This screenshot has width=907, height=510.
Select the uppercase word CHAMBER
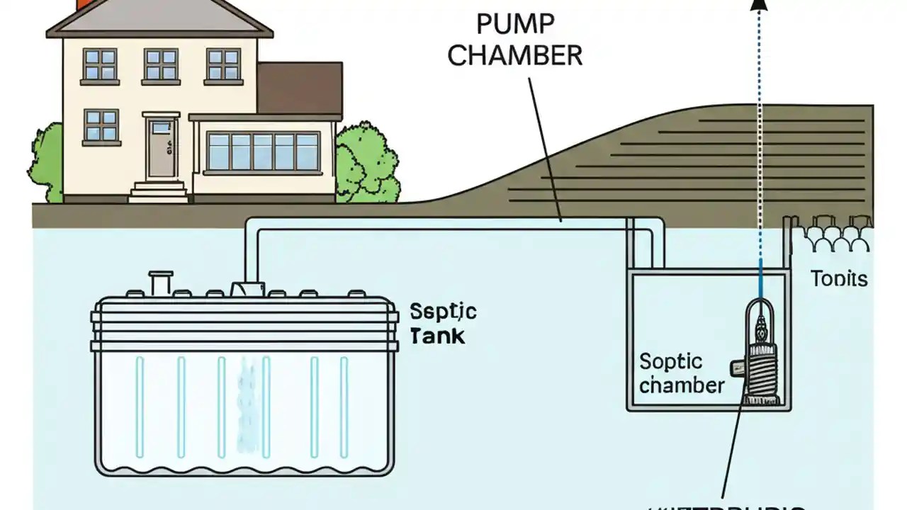pos(514,55)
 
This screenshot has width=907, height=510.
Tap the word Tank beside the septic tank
pos(437,336)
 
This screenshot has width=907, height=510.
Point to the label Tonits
pos(838,278)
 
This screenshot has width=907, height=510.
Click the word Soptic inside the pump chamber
pos(671,362)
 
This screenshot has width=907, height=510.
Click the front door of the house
pos(160,149)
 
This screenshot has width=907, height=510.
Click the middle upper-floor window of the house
pos(161,64)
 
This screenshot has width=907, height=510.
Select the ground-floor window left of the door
pos(101,125)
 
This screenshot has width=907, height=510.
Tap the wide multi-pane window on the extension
pos(263,152)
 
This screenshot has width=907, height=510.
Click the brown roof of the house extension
pos(299,88)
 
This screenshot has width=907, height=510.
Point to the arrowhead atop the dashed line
pos(760,6)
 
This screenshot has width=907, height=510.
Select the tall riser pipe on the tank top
pos(162,283)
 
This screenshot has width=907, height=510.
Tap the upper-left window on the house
pos(100,64)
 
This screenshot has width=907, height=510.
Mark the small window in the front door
pos(161,127)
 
